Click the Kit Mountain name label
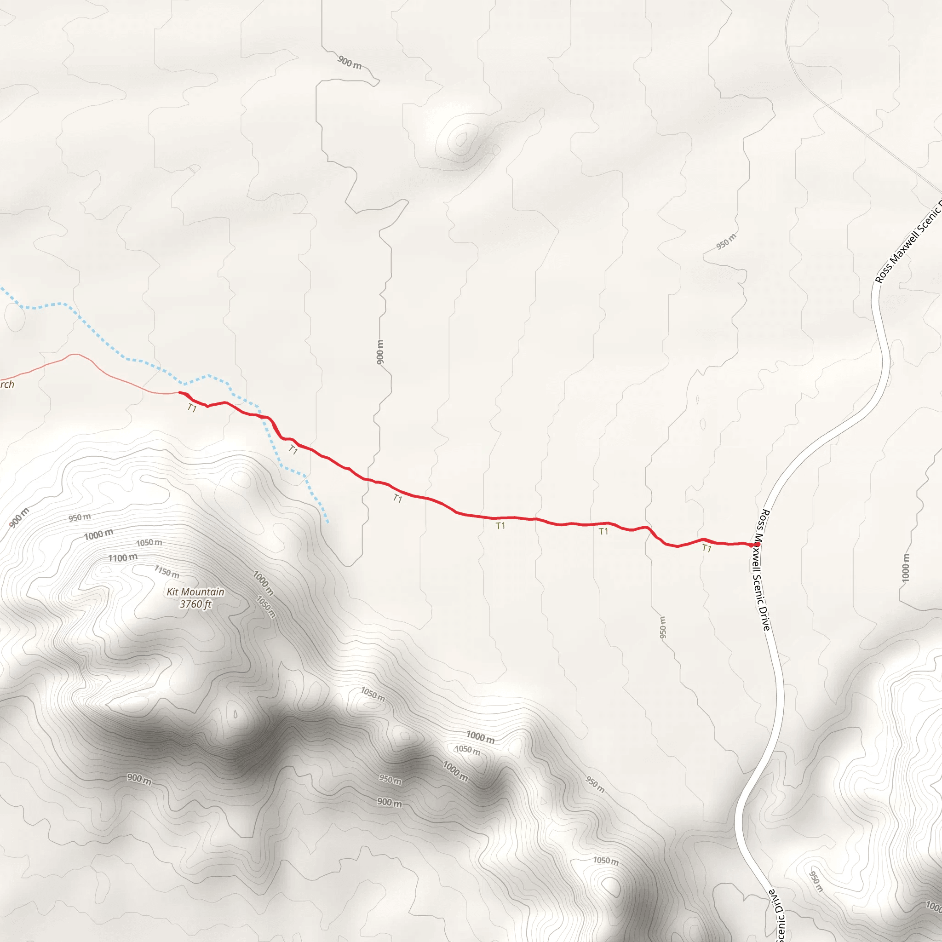click(195, 592)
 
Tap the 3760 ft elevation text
click(195, 604)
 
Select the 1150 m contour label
click(167, 571)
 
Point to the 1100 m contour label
click(122, 558)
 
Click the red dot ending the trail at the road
click(757, 545)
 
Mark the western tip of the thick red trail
click(180, 392)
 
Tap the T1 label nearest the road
click(706, 549)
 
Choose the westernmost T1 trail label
click(192, 408)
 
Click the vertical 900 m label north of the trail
click(380, 351)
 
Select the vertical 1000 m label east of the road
click(905, 568)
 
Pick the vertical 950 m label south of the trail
click(663, 627)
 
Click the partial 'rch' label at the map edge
click(7, 385)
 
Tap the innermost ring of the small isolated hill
click(461, 139)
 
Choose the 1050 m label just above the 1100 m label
click(149, 543)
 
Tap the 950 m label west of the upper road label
click(726, 242)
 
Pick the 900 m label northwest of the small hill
click(350, 62)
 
